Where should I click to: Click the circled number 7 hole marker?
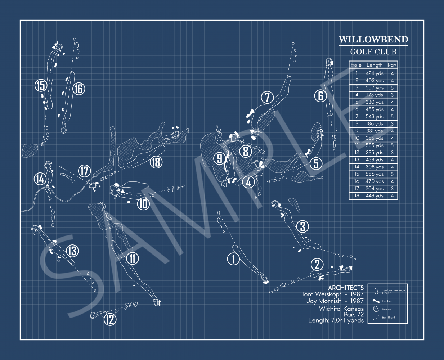click(267, 97)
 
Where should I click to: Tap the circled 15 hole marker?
click(41, 85)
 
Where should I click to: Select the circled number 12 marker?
click(110, 319)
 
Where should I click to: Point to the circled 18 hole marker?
click(156, 162)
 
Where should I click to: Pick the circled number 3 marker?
click(302, 226)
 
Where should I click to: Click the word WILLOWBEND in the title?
click(373, 39)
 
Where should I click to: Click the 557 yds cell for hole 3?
click(375, 88)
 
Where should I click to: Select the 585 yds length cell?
click(375, 145)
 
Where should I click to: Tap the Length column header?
click(375, 65)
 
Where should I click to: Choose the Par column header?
click(392, 65)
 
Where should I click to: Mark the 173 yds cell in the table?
click(375, 95)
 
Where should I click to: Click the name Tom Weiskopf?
click(321, 294)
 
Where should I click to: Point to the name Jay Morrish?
click(324, 301)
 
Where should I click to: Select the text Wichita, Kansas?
click(341, 309)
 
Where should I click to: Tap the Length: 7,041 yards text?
click(336, 320)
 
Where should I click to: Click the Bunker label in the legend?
click(387, 301)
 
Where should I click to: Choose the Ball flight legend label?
click(388, 317)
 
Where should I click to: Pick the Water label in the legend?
click(386, 309)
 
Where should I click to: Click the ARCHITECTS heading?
click(346, 288)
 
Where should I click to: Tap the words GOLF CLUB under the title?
click(373, 52)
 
